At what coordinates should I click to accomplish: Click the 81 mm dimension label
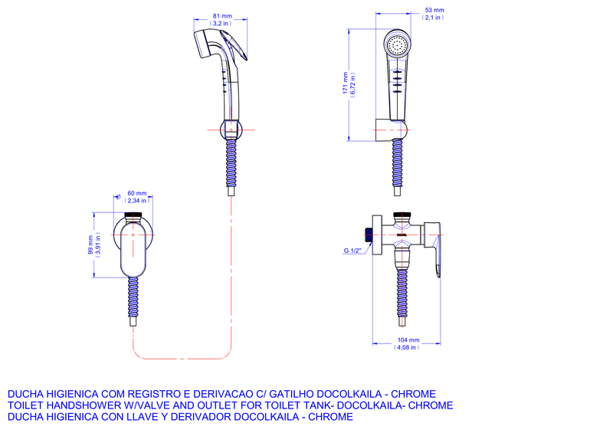tap(222, 15)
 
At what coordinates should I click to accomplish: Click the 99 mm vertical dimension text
tap(91, 244)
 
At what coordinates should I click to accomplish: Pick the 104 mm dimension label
tap(408, 340)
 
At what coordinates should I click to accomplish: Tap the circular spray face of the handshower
tap(397, 44)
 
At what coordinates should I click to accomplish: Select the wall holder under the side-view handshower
tap(389, 130)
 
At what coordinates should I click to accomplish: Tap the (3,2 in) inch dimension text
tap(222, 23)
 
